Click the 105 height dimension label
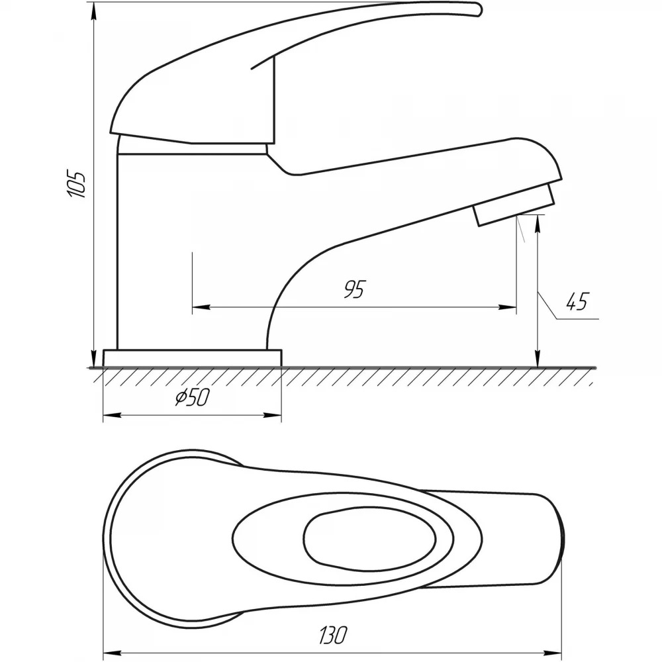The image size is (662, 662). coord(76,185)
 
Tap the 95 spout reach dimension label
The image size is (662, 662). coord(354,289)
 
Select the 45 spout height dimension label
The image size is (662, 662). coord(577,301)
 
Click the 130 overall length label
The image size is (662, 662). coord(334,635)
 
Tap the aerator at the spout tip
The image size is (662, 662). coord(514,205)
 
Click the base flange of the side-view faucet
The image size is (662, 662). coord(192,358)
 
